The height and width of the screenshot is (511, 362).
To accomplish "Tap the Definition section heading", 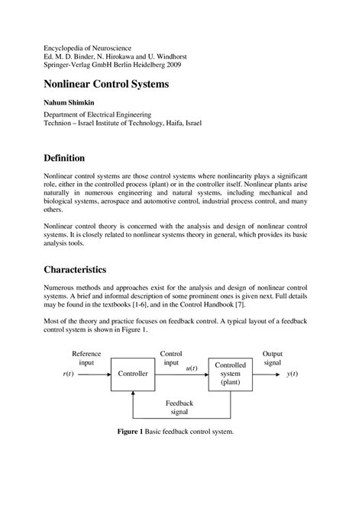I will pyautogui.click(x=71, y=157).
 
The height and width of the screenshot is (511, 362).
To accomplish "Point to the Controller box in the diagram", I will pyautogui.click(x=133, y=374).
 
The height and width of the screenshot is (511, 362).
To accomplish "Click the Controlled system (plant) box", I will pyautogui.click(x=231, y=374).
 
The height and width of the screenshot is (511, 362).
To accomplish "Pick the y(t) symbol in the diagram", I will pyautogui.click(x=293, y=374).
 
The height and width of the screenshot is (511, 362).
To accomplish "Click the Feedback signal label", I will pyautogui.click(x=181, y=407).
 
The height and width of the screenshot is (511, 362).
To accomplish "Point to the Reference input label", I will pyautogui.click(x=86, y=358).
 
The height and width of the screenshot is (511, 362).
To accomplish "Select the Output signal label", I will pyautogui.click(x=272, y=358).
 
